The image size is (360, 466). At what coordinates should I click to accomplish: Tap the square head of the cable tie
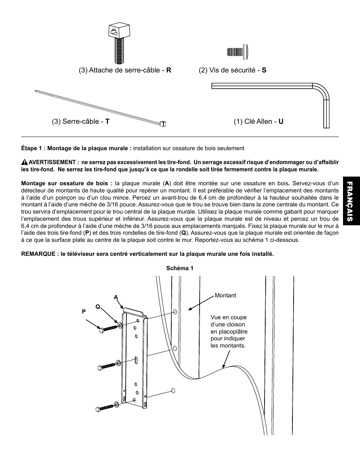163,123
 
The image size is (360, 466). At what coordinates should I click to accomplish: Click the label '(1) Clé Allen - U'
258,121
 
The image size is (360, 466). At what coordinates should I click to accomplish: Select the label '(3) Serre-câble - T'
81,121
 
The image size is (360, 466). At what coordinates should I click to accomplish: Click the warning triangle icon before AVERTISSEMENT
25,162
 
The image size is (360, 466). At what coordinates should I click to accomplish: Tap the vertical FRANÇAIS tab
350,201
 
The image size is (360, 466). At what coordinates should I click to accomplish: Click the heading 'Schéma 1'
180,268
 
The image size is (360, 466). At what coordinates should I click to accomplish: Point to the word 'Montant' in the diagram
225,295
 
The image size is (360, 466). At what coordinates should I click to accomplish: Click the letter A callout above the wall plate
116,297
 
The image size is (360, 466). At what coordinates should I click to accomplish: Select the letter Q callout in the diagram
97,307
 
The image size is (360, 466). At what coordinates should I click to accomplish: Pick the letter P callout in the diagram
84,312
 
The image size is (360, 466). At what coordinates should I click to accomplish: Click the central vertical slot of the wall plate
135,361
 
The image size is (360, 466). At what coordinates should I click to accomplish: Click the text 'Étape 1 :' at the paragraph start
33,148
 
